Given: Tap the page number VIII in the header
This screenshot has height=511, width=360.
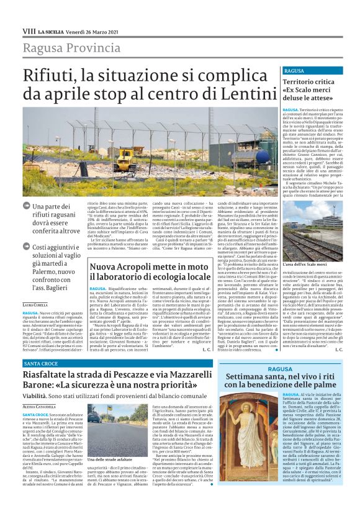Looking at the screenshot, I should pos(29,31).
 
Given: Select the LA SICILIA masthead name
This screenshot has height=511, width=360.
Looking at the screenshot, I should pos(52,32).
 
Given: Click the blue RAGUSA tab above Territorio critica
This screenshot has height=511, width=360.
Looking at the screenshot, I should pos(277,71).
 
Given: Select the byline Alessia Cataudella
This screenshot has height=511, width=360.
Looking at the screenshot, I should pos(39,404).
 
